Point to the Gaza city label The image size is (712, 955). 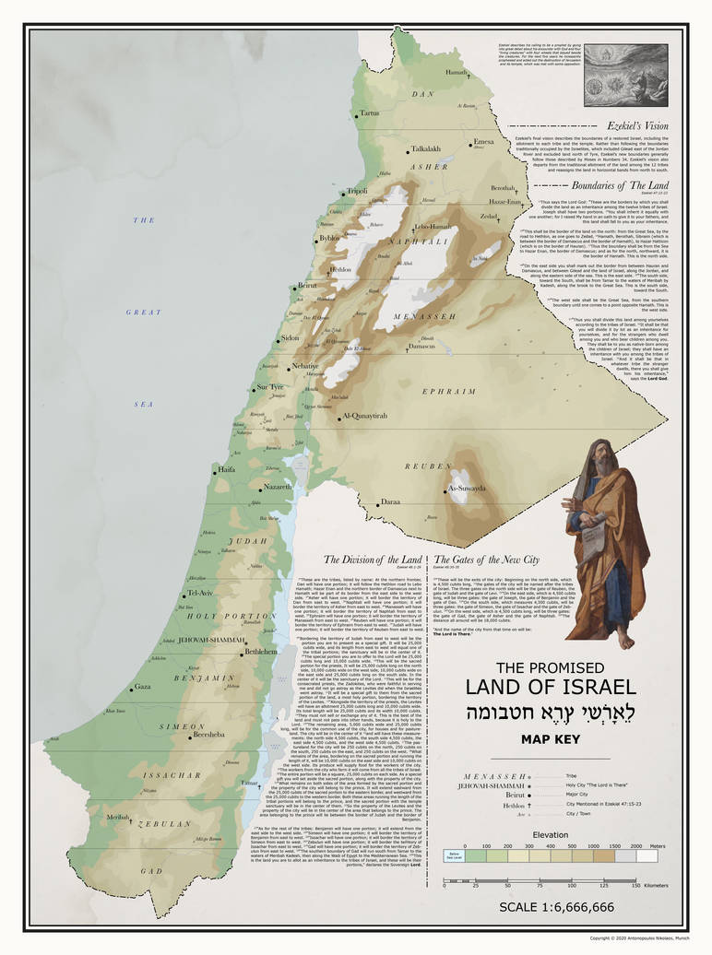pos(142,687)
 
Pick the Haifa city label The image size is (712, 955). pos(226,469)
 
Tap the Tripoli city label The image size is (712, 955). pos(356,191)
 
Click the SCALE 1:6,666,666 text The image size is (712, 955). pos(556,907)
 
